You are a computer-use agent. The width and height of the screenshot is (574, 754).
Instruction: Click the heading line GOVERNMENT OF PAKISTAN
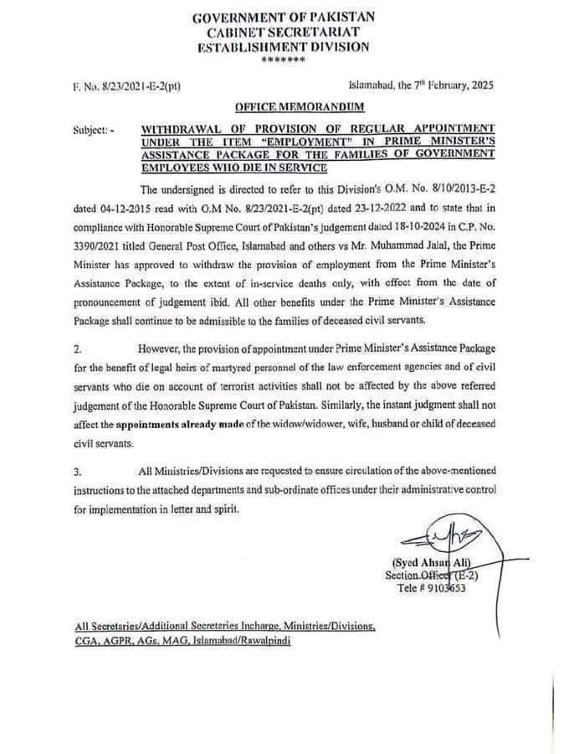pyautogui.click(x=284, y=17)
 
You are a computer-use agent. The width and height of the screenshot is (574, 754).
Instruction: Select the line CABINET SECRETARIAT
pyautogui.click(x=284, y=32)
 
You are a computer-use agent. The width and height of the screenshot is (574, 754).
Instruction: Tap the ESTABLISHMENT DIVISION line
pyautogui.click(x=284, y=47)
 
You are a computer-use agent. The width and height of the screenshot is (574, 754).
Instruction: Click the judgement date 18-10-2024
pyautogui.click(x=410, y=225)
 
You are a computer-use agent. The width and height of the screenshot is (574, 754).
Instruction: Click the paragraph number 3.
pyautogui.click(x=77, y=472)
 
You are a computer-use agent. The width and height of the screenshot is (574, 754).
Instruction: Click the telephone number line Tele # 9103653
pyautogui.click(x=432, y=588)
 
